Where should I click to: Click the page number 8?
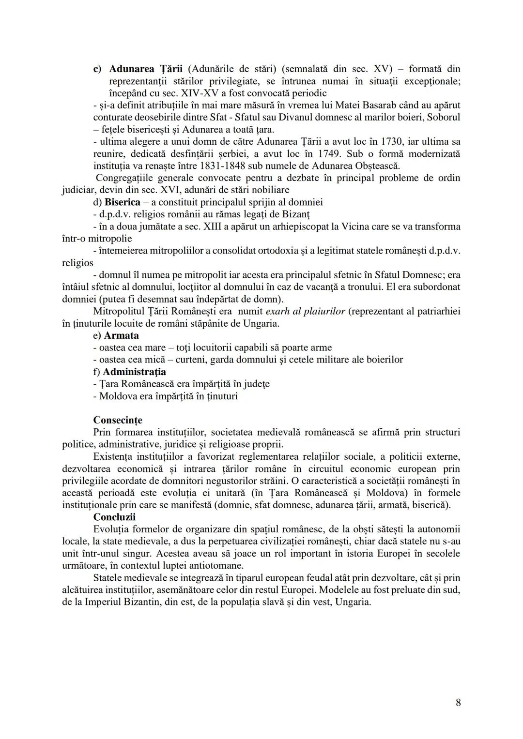[458, 703]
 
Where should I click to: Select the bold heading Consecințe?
[118, 420]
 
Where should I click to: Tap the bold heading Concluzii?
[114, 517]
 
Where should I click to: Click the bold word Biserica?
[123, 202]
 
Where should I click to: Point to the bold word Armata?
[121, 335]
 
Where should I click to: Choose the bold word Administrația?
[134, 372]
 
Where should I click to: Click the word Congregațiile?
[127, 178]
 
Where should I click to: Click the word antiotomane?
[216, 565]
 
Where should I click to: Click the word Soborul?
[444, 117]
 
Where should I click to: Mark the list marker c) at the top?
[97, 69]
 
